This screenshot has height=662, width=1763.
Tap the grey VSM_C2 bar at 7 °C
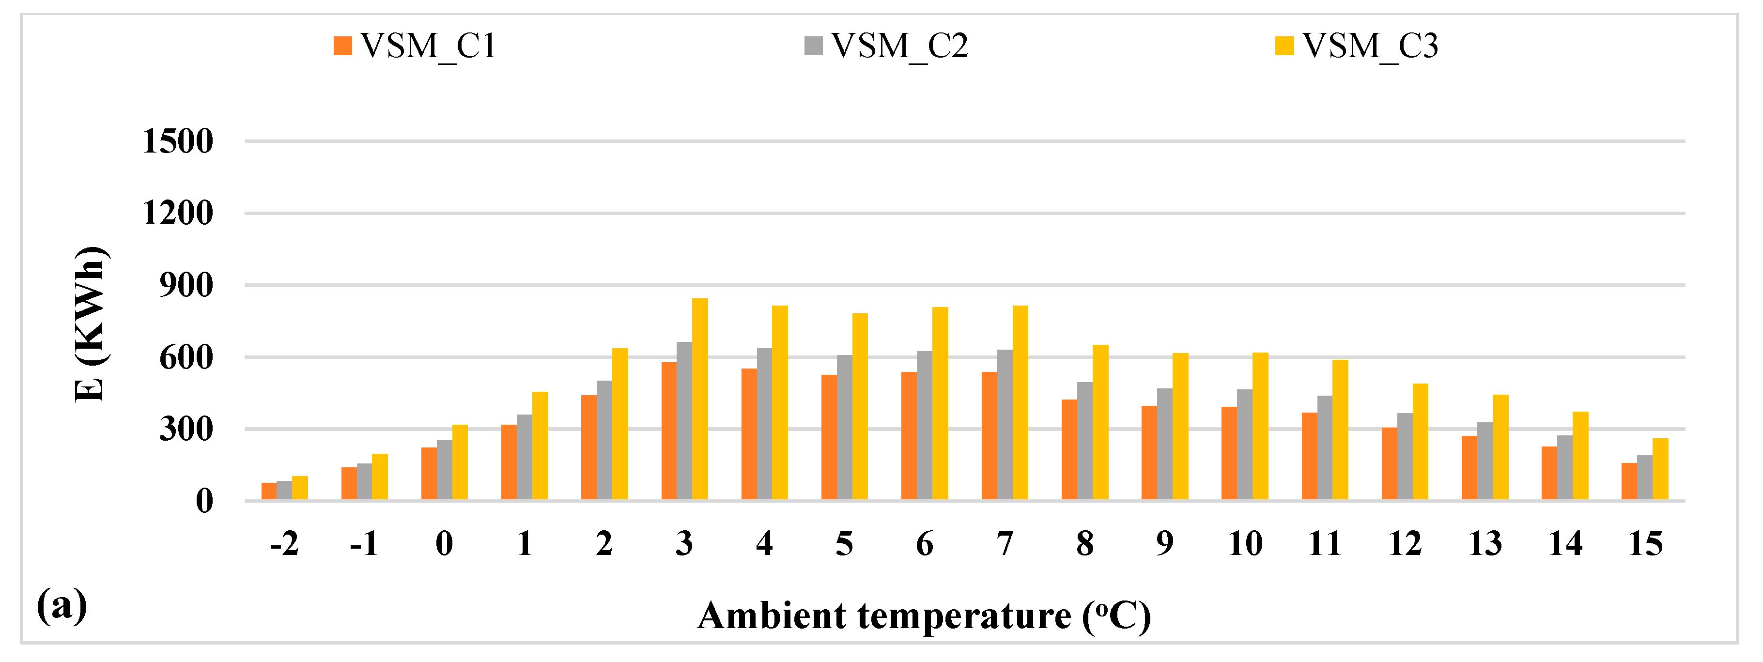click(1005, 424)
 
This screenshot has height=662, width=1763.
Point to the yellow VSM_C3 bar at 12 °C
click(1421, 442)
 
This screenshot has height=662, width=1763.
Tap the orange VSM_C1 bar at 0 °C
click(429, 473)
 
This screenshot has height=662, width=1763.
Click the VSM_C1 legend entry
click(415, 46)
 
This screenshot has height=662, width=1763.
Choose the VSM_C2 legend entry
click(887, 46)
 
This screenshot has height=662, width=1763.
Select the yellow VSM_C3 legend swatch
click(1284, 46)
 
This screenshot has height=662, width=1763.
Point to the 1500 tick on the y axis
click(177, 142)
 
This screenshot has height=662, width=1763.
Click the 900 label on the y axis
click(186, 285)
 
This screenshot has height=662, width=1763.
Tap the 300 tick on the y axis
click(186, 429)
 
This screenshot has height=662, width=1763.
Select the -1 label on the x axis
click(363, 544)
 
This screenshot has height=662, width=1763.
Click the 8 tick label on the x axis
click(1085, 544)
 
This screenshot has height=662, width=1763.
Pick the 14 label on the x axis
click(1565, 544)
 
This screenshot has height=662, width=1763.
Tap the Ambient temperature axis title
click(924, 616)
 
